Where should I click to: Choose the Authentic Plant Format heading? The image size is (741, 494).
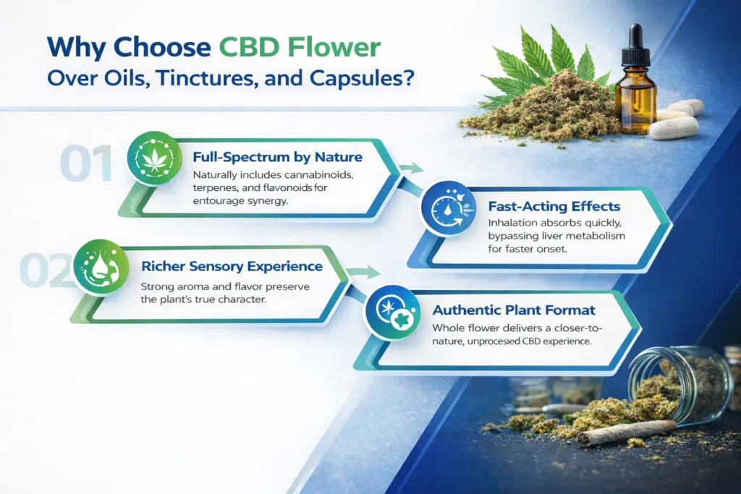tap(514, 310)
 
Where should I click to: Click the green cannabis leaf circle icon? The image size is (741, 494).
tap(155, 161)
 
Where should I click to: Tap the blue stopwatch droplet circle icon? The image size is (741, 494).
tap(448, 209)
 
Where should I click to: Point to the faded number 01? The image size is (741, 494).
tap(86, 164)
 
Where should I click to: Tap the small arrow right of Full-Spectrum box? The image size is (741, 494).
tap(412, 169)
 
